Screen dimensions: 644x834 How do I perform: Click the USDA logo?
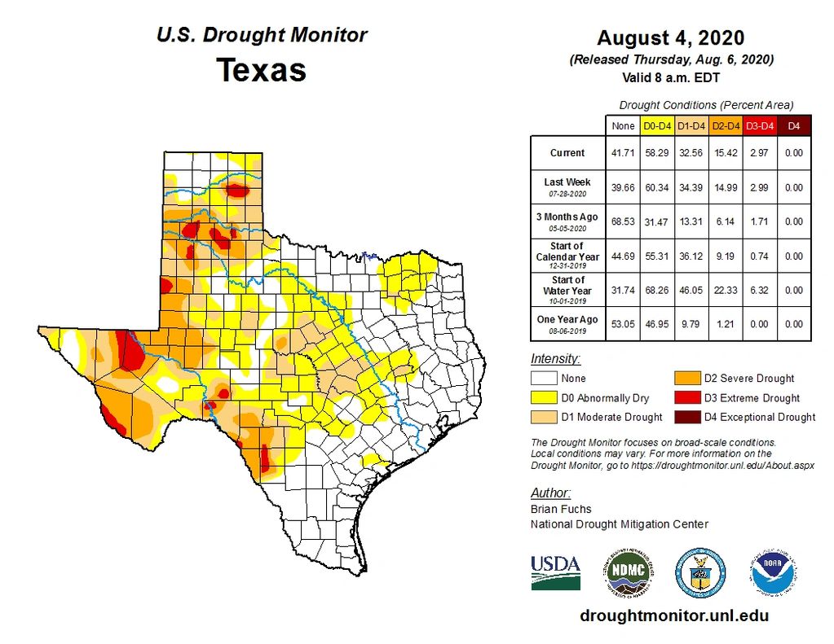(x=555, y=572)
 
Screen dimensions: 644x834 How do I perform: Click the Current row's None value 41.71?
(x=623, y=153)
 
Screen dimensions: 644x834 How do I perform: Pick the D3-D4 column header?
(x=759, y=126)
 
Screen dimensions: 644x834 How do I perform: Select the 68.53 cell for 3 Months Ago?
(x=623, y=221)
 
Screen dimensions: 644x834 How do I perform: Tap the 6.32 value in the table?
(x=759, y=290)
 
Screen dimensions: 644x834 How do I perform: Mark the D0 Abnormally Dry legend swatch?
(x=545, y=398)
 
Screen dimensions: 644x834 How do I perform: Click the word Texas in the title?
(x=261, y=70)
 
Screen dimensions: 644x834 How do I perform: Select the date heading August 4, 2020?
(x=670, y=38)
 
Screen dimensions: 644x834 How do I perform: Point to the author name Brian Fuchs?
(x=561, y=509)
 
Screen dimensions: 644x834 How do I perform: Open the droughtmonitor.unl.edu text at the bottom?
(x=673, y=616)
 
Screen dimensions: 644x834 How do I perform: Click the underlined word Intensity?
(x=555, y=359)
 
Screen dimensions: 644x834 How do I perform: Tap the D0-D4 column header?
(x=657, y=126)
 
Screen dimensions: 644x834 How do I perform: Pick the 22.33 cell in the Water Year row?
(x=725, y=290)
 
